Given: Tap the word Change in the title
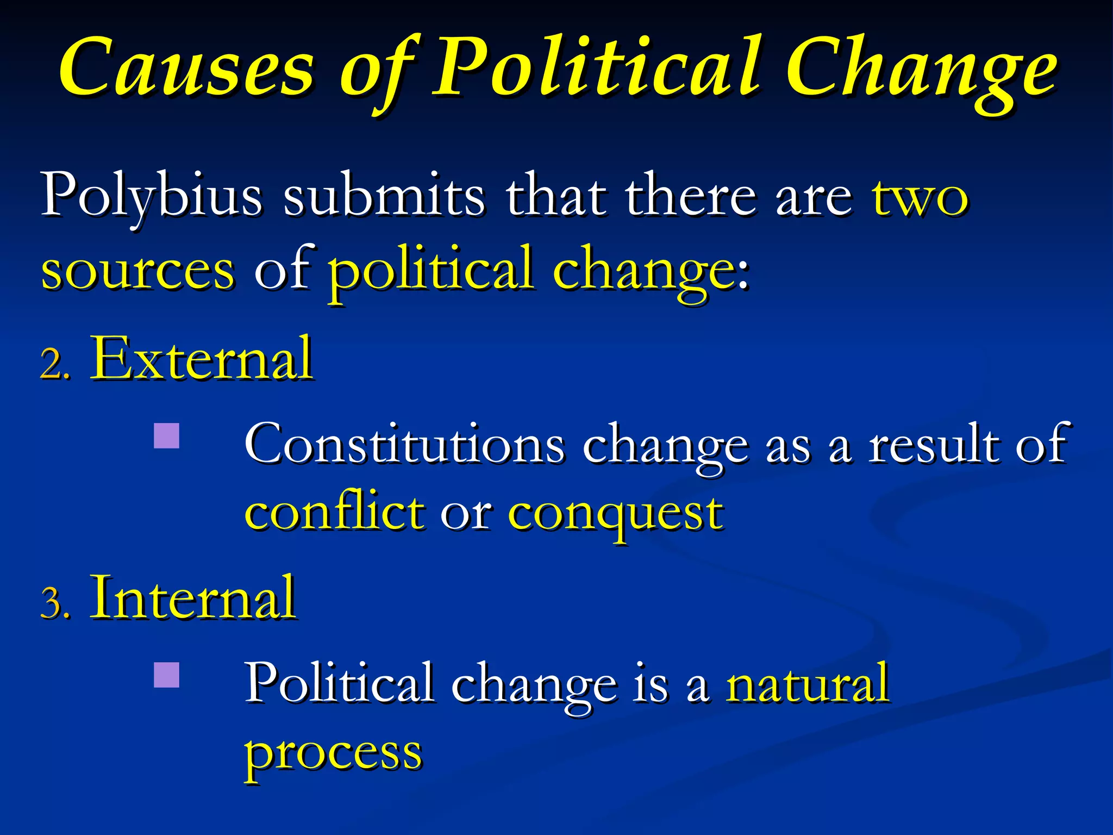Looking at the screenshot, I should [x=921, y=71].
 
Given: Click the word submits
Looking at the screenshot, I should [x=384, y=195].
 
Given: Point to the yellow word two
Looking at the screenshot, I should [x=920, y=196].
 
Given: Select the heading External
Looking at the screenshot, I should [x=202, y=359].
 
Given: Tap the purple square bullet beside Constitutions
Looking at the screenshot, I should [x=166, y=436].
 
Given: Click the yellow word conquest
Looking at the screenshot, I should [x=615, y=514].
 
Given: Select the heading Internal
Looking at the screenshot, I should [x=193, y=598].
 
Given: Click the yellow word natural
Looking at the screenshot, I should [x=808, y=683].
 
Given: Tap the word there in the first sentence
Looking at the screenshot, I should [x=691, y=195].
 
